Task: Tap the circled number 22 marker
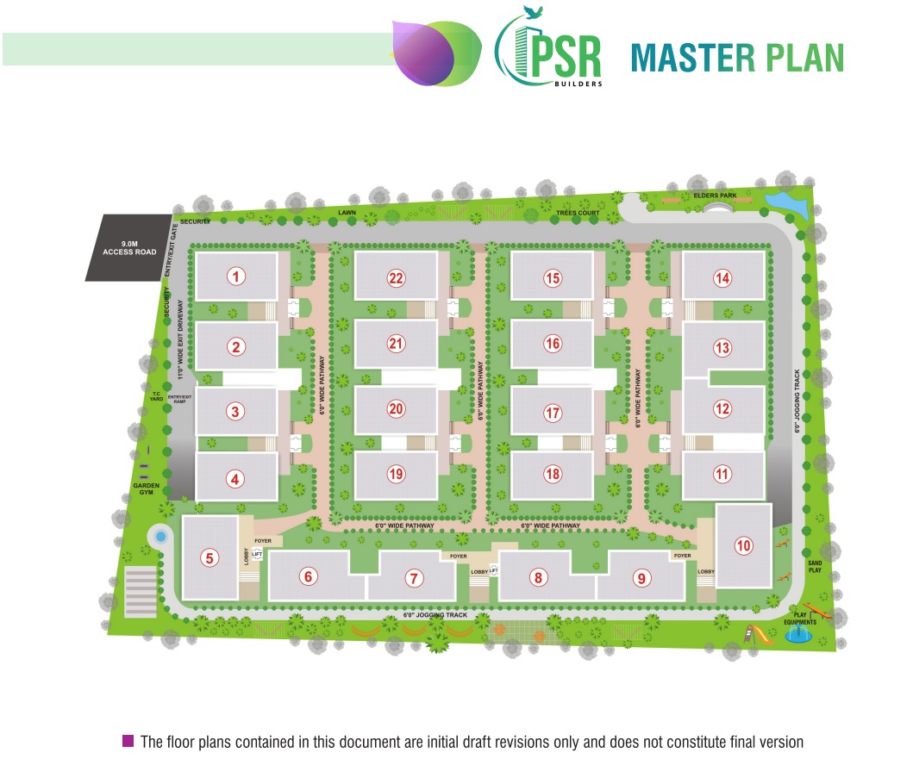(396, 277)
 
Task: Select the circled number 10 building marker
(743, 545)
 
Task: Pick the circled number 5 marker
(209, 558)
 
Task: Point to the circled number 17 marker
(553, 413)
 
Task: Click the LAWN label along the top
(347, 212)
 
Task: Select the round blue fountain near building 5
(159, 538)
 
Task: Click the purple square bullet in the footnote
(128, 741)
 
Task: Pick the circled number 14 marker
(722, 277)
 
